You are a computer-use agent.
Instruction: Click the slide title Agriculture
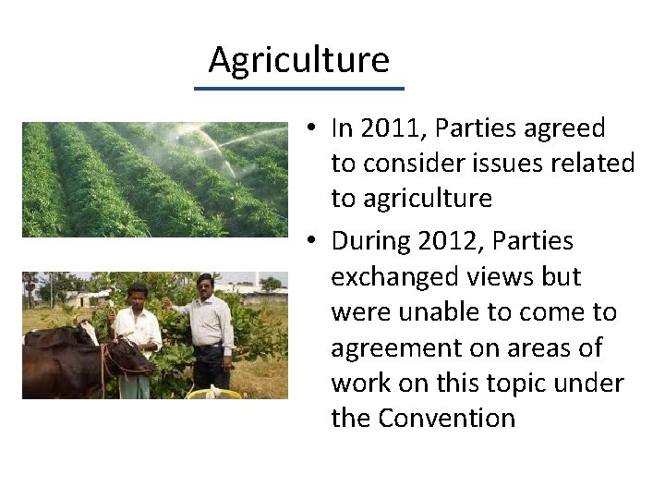coord(298,60)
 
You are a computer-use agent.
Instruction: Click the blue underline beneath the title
coord(298,89)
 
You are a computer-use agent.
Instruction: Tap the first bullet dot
coord(314,128)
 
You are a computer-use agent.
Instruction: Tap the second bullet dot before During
coord(314,241)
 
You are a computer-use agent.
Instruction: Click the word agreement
coord(403,347)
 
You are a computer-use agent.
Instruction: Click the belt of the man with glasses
coord(211,346)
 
